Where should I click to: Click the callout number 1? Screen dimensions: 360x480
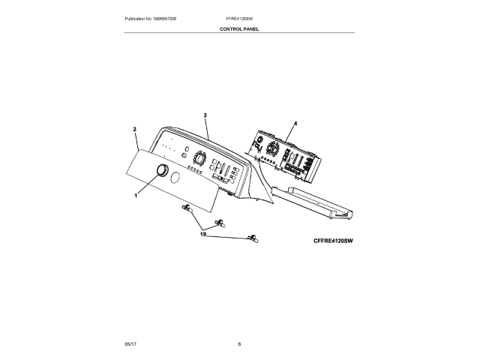136,196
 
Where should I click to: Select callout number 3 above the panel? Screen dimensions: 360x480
205,115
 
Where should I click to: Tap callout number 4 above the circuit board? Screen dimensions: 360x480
295,122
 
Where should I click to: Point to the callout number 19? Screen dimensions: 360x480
202,234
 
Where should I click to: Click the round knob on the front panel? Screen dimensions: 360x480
160,172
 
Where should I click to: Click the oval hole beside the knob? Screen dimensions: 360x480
174,178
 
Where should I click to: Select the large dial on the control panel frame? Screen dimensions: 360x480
199,158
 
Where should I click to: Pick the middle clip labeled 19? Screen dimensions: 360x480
220,223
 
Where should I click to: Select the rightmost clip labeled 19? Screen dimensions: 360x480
252,238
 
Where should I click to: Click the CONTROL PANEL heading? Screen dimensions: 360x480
239,29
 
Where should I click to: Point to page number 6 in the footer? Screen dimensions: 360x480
239,343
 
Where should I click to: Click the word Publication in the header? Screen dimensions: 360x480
137,17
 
